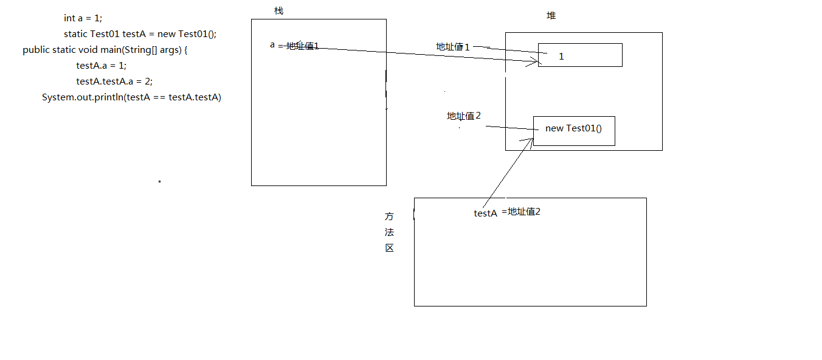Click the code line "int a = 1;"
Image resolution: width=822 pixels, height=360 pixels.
(83, 18)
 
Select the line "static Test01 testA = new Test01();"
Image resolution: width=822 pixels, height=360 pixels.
(140, 34)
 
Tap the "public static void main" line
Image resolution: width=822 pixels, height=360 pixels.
(105, 50)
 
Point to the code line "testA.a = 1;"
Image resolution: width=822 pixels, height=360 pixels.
(101, 66)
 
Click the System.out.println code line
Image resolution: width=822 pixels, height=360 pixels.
(131, 97)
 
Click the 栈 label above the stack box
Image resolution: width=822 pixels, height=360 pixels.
(278, 11)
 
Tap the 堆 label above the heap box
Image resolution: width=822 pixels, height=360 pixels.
(551, 16)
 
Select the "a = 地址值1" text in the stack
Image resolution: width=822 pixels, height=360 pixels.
(294, 46)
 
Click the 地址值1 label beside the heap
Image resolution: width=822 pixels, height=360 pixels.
(453, 47)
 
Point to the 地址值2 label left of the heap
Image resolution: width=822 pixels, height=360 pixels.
(464, 116)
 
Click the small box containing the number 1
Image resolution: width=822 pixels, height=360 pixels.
(580, 55)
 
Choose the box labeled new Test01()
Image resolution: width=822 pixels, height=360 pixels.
(574, 131)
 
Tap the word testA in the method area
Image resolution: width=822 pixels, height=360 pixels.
(486, 213)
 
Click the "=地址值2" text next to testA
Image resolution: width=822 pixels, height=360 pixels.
(521, 212)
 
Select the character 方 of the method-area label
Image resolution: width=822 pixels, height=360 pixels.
(389, 216)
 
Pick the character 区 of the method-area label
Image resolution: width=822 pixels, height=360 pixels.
(389, 248)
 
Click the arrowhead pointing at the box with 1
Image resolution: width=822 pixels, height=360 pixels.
(536, 60)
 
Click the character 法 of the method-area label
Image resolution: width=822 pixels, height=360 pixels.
(389, 232)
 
